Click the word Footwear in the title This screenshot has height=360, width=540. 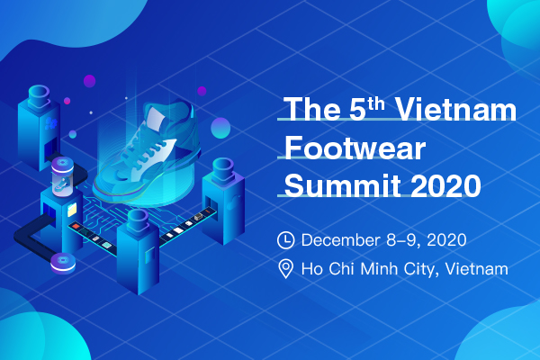pyautogui.click(x=355, y=148)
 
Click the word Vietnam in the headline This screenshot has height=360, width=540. pyautogui.click(x=455, y=109)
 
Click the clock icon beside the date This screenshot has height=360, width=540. pyautogui.click(x=286, y=240)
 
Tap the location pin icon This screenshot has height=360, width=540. pyautogui.click(x=286, y=269)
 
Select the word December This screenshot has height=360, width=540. pyautogui.click(x=340, y=239)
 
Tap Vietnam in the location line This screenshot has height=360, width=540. pyautogui.click(x=477, y=269)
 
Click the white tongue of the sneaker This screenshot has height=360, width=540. pyautogui.click(x=156, y=118)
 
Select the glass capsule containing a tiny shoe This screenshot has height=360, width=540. pyautogui.click(x=62, y=176)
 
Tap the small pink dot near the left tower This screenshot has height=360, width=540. pyautogui.click(x=67, y=101)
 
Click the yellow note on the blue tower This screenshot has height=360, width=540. pyautogui.click(x=72, y=210)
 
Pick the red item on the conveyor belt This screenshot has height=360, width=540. pyautogui.click(x=76, y=226)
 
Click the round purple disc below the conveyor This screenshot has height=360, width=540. pyautogui.click(x=63, y=263)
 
